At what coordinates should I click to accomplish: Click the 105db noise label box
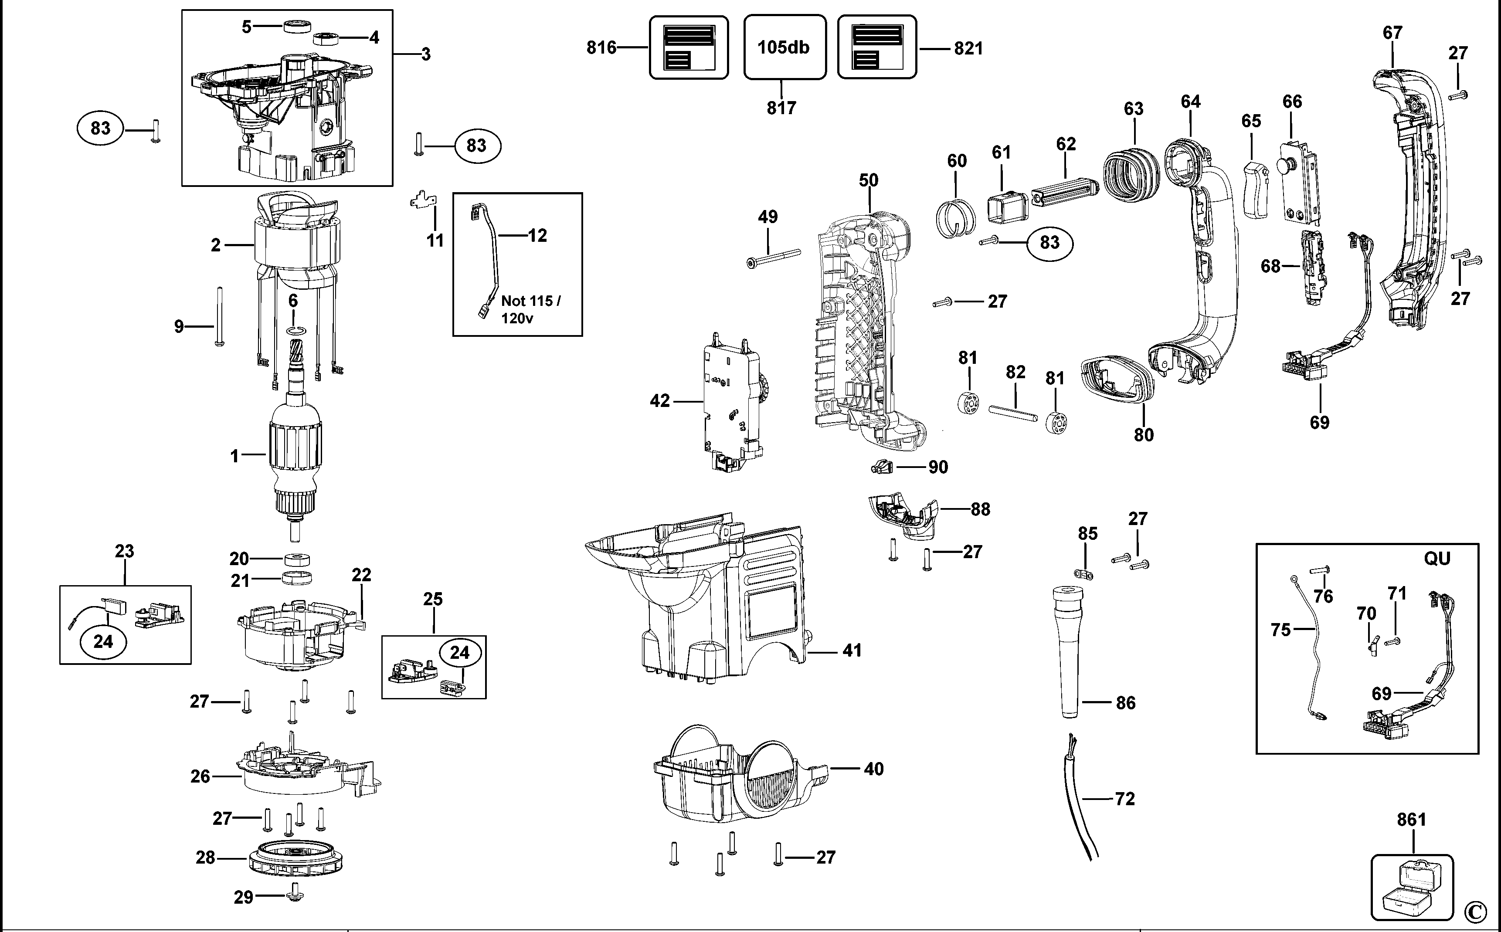click(784, 47)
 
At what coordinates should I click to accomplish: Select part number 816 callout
click(601, 47)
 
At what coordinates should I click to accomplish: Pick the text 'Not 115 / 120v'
click(530, 309)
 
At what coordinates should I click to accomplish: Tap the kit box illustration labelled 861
click(1412, 888)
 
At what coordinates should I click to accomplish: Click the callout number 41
click(852, 650)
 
